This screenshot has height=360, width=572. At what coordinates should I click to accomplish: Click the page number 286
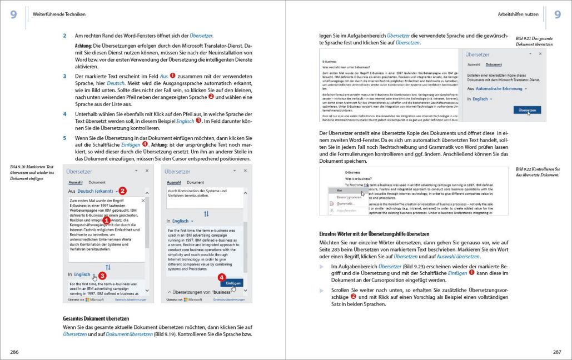coord(14,352)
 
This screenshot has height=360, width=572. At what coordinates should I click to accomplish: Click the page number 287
coord(557,352)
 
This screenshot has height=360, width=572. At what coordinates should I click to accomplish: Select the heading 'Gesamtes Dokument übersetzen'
coord(96,318)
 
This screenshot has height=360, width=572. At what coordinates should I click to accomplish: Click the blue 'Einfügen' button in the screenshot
coord(234,283)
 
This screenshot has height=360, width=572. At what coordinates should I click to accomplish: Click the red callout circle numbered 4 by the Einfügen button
coord(221,276)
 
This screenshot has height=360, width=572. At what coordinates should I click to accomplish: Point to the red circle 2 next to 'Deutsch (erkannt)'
coord(123,191)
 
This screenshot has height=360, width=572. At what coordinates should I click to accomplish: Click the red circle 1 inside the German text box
coord(106,221)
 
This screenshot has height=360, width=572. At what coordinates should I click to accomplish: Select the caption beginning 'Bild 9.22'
coord(537,172)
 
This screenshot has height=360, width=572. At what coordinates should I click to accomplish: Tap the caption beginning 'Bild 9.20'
coord(32,173)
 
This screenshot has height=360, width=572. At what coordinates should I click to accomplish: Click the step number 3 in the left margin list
coord(64,76)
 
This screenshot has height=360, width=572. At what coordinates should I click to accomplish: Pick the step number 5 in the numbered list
coord(64,138)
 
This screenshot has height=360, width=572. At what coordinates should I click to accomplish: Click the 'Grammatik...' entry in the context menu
coord(346,204)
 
